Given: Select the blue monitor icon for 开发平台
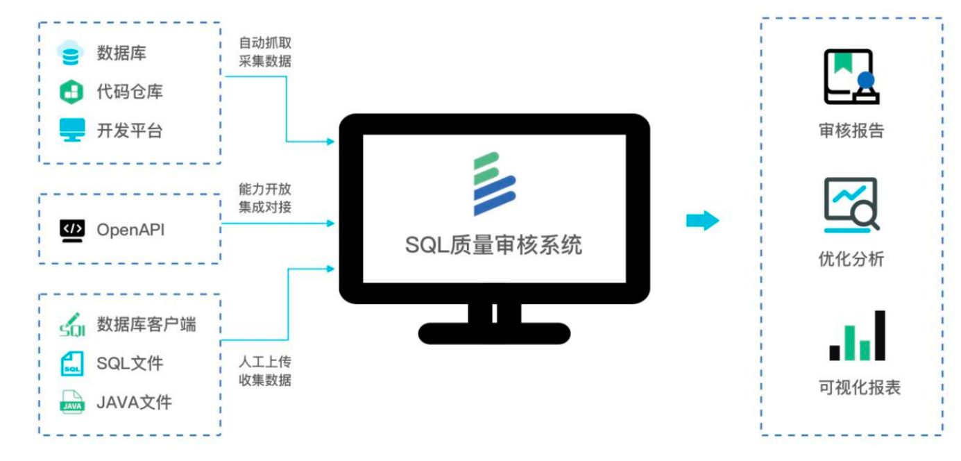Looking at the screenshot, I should pos(72,130).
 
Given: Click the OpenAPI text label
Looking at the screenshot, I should pos(130,229).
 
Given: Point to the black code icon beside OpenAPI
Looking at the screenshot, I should pos(72,229).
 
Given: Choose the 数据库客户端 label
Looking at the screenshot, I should pos(146,324).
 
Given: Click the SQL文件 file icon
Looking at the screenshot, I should pos(72,363).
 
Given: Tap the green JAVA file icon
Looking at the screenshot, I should pos(72,402).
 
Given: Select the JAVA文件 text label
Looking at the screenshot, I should pos(134,402).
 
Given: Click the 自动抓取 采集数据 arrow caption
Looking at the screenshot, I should pos(265,52).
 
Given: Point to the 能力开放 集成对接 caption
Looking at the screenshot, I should pos(265,198).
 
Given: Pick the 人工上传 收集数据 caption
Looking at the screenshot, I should pos(265,371).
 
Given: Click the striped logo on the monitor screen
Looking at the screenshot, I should pos(493,183).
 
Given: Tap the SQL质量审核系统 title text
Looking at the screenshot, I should pos(493,245).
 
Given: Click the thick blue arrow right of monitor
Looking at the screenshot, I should pos(702,221).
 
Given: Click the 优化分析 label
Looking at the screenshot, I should pos(851,260).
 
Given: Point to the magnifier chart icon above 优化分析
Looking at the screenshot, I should pos(851,205).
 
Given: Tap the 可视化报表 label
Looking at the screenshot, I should pos(859,387).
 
